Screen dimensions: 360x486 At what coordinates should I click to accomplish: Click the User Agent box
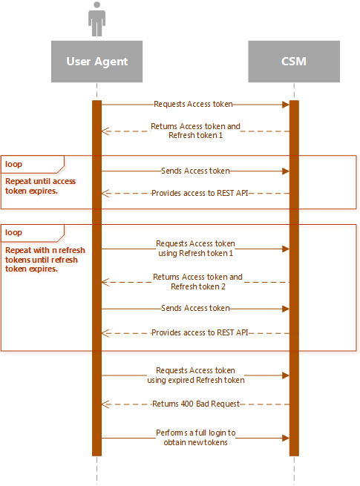click(x=96, y=62)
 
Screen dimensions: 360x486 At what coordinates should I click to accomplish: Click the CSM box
click(x=294, y=62)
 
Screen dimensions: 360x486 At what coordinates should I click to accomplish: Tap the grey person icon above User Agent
click(x=96, y=19)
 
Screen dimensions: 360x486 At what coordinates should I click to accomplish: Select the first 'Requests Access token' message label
click(x=193, y=104)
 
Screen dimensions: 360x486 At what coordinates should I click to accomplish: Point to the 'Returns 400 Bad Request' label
click(x=196, y=404)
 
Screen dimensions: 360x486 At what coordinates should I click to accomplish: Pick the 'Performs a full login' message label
click(x=196, y=437)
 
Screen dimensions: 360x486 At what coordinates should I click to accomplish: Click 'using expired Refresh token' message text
click(x=196, y=380)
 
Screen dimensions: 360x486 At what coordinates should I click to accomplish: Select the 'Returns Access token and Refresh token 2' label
click(x=198, y=281)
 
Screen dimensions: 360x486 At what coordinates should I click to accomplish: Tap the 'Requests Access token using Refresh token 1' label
click(x=195, y=249)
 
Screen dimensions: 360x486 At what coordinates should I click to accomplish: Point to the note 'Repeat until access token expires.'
click(x=40, y=186)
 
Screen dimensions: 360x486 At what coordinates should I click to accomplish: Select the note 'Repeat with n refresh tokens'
click(x=45, y=260)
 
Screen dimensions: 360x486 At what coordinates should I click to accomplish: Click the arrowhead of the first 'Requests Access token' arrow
click(x=286, y=105)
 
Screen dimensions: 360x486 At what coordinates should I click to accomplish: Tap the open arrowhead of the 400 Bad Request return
click(x=105, y=404)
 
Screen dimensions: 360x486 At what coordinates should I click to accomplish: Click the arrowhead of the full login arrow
click(x=286, y=438)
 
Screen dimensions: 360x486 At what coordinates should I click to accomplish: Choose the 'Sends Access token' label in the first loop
click(x=195, y=171)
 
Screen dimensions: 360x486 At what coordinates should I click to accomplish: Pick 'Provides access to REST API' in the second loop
click(x=200, y=332)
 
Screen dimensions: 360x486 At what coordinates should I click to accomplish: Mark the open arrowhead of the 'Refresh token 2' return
click(x=105, y=283)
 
